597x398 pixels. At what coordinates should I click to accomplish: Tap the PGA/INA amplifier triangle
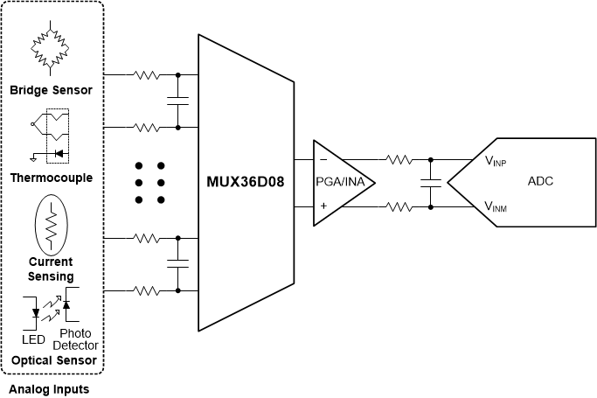(x=342, y=183)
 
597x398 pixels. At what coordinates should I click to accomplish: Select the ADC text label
(x=540, y=182)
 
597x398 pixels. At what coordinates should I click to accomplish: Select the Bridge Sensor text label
(x=51, y=90)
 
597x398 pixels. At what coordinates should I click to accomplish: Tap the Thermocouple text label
(x=51, y=178)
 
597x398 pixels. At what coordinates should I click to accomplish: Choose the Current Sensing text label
(x=51, y=269)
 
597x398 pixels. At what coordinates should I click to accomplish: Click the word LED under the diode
(x=33, y=339)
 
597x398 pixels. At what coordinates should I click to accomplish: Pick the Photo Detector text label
(x=75, y=340)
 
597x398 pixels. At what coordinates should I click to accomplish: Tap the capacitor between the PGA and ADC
(x=430, y=184)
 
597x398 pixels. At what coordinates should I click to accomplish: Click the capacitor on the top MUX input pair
(x=178, y=101)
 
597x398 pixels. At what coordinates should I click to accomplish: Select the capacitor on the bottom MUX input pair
(x=178, y=263)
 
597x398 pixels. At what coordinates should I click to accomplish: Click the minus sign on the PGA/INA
(x=323, y=160)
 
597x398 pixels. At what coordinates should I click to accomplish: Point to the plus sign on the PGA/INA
(x=323, y=207)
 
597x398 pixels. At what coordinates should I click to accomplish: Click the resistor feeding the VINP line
(x=399, y=160)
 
